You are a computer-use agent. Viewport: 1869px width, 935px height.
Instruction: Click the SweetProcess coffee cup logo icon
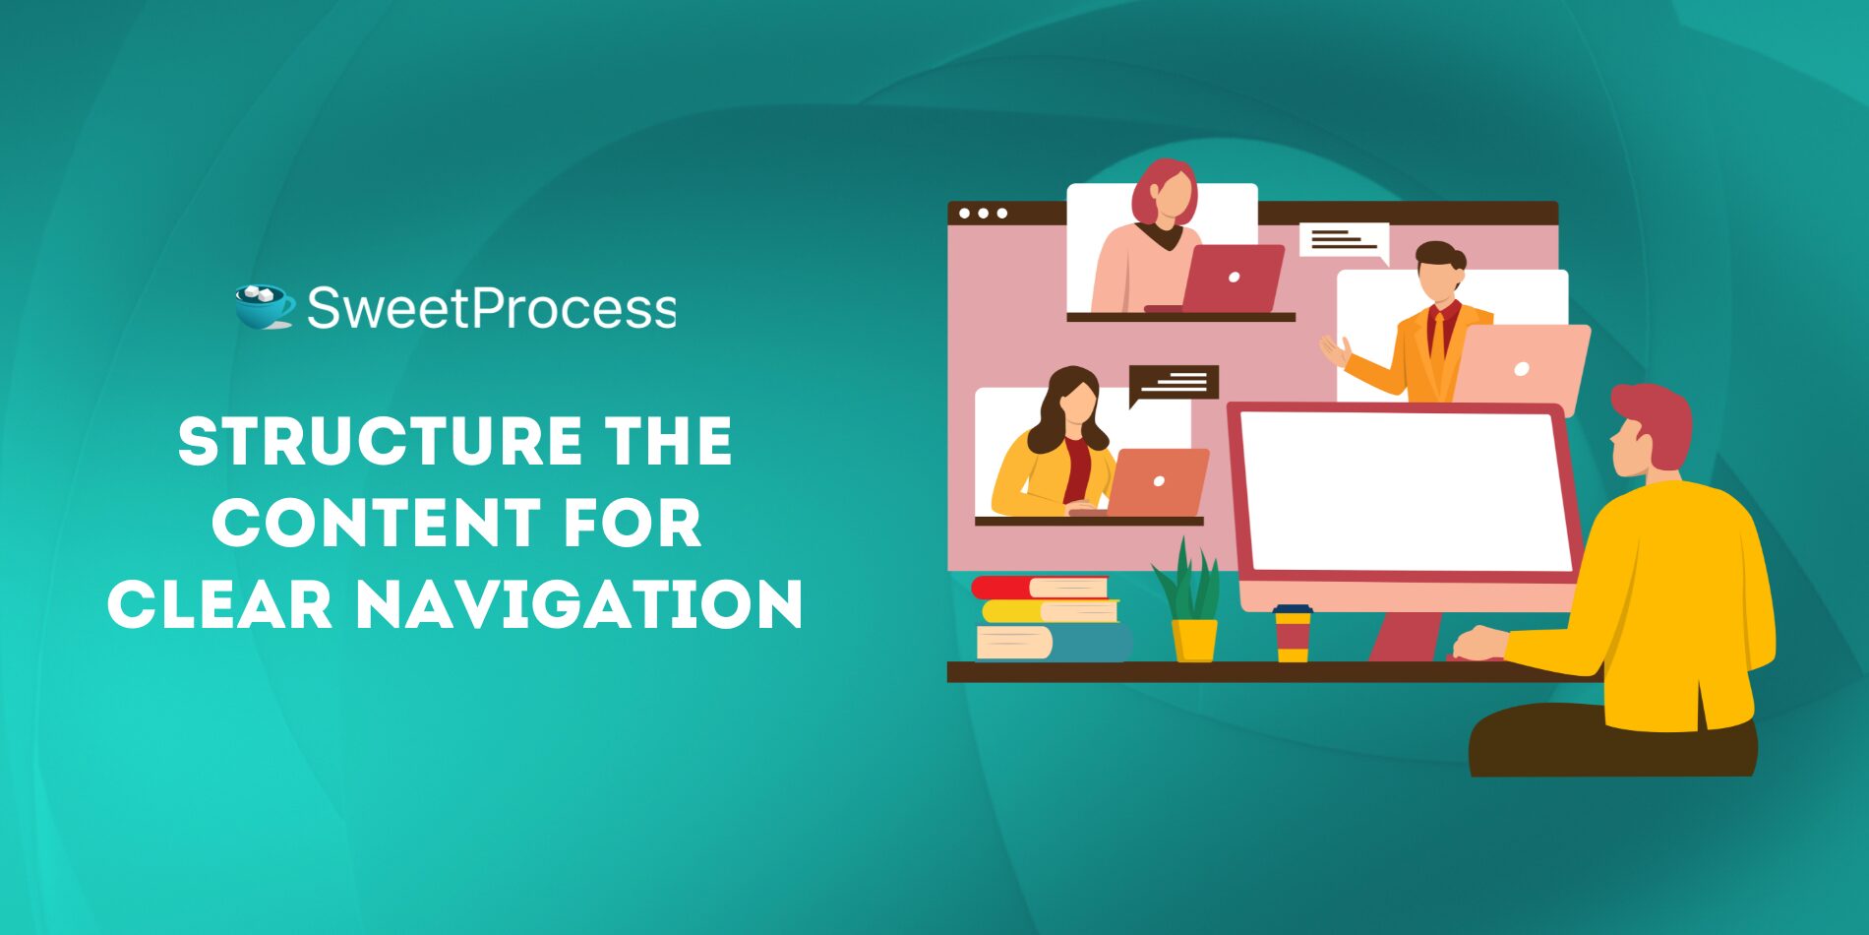265,307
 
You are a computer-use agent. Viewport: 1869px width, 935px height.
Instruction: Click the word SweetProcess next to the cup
491,308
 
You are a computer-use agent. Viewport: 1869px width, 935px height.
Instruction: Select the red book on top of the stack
1040,588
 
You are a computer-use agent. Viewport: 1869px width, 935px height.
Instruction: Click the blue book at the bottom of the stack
1054,643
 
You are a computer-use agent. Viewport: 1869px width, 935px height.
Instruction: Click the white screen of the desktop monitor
1405,490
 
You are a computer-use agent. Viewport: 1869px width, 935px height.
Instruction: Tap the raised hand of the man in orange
1335,350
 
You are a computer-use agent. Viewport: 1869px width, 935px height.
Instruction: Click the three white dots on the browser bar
983,213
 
